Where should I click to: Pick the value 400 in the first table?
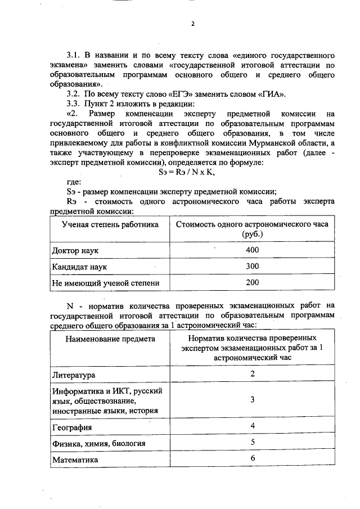point(253,249)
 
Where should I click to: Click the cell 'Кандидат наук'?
point(79,266)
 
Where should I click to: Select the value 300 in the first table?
point(253,266)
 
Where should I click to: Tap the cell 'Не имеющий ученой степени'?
point(105,283)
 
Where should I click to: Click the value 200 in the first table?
point(253,283)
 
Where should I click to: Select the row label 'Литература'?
point(74,375)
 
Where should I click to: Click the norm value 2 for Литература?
point(253,373)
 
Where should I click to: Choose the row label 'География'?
point(72,427)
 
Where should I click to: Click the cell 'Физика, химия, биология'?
point(99,444)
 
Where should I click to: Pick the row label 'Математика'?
point(75,460)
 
